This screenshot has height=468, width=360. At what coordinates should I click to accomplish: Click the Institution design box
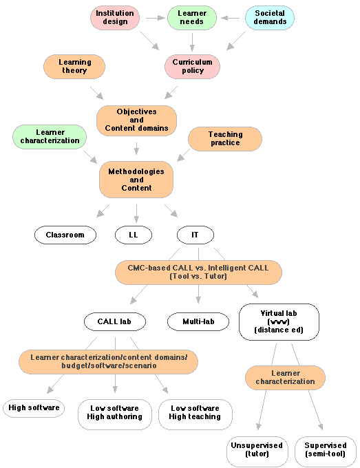115,17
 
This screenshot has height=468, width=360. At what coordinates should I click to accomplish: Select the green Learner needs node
192,17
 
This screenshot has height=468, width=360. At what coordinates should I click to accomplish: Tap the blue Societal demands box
269,17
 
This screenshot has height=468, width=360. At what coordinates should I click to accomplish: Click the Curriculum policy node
192,67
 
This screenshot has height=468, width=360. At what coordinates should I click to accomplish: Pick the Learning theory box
74,67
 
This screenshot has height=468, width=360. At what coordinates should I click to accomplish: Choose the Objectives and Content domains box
136,120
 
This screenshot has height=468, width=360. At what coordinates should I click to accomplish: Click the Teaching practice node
225,138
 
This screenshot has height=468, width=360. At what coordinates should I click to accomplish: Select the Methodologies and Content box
136,180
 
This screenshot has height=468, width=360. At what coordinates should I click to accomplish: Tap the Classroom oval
65,235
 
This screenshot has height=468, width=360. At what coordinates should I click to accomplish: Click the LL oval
134,235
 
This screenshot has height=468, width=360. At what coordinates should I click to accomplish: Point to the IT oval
195,235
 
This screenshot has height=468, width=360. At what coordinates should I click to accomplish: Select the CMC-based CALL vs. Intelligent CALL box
198,272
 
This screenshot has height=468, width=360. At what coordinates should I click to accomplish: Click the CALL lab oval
115,321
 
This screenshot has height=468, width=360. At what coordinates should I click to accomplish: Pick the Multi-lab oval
198,321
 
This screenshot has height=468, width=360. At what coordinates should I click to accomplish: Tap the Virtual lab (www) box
279,321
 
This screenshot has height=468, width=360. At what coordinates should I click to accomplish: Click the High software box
34,408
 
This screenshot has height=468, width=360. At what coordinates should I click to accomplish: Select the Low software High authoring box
114,414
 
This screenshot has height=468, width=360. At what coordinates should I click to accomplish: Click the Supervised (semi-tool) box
325,451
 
